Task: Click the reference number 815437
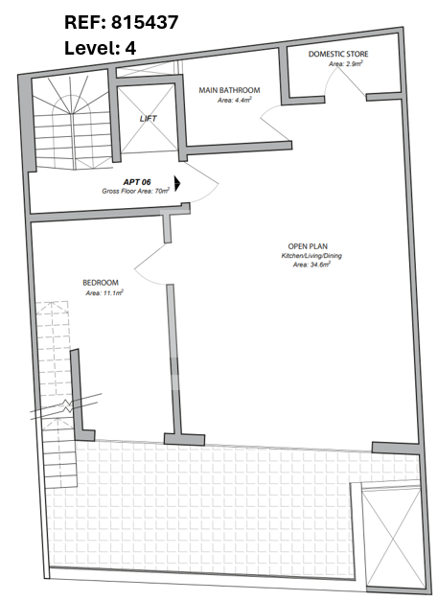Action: tap(145, 22)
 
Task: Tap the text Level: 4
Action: tap(100, 48)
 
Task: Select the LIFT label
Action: tap(149, 119)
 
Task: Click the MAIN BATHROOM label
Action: tap(229, 90)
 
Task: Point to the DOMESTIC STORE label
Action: tap(338, 54)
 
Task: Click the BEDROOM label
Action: tap(101, 283)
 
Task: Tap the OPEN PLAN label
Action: tap(308, 246)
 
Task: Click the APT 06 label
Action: tap(137, 182)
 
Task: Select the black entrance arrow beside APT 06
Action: tap(177, 184)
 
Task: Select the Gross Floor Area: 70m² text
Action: tap(136, 191)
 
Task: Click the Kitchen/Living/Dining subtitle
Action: tap(311, 256)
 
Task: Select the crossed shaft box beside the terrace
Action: tap(393, 540)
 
